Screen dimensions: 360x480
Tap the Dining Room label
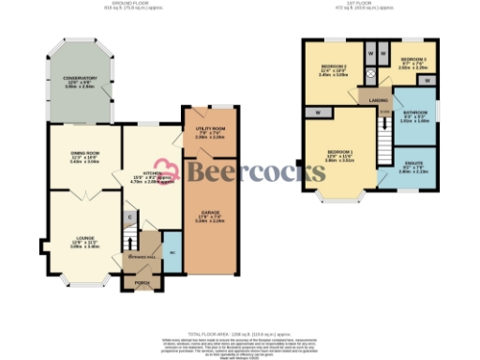[85, 154]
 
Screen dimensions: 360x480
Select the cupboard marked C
[129, 217]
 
